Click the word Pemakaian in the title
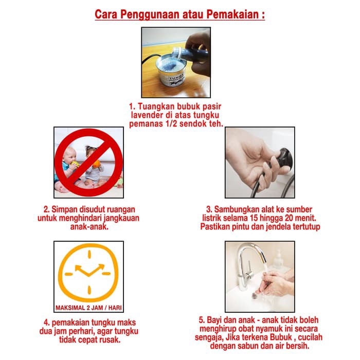(x=232, y=14)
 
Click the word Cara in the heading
(x=106, y=14)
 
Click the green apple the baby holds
(x=75, y=164)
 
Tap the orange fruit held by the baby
(x=97, y=164)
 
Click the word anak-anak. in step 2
(x=89, y=227)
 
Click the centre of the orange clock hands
(x=88, y=275)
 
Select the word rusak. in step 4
(x=110, y=340)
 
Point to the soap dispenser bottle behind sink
(x=278, y=260)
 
